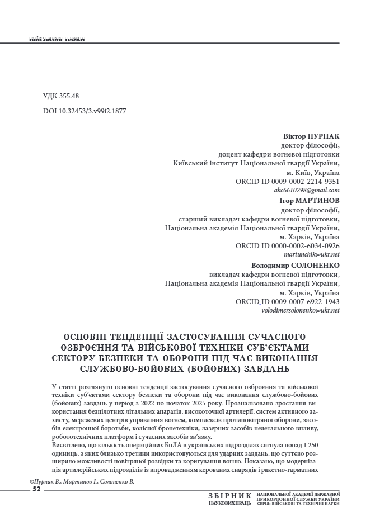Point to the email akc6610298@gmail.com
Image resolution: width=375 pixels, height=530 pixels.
tap(310, 190)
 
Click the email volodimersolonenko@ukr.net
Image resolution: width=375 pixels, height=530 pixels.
tap(301, 310)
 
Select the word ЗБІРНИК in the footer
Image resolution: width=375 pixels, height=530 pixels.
tap(230, 495)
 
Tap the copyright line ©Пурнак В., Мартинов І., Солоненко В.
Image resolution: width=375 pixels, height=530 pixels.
tap(82, 481)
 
